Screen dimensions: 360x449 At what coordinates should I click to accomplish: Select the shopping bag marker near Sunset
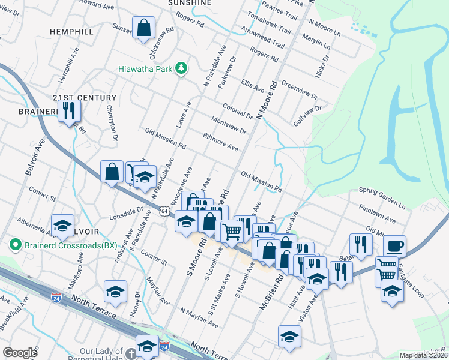(x=143, y=28)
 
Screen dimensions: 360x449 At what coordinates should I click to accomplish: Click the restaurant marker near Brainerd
(x=69, y=110)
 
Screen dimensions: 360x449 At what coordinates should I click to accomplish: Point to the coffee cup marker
(x=394, y=246)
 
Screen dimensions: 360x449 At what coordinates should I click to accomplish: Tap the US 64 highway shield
(x=164, y=211)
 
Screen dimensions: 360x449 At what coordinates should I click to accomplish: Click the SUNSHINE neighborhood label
(x=190, y=3)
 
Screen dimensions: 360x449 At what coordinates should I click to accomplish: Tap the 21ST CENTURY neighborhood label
(x=84, y=98)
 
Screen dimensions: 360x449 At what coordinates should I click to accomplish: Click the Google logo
(x=20, y=353)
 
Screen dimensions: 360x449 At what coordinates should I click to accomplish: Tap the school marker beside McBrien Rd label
(x=289, y=336)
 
